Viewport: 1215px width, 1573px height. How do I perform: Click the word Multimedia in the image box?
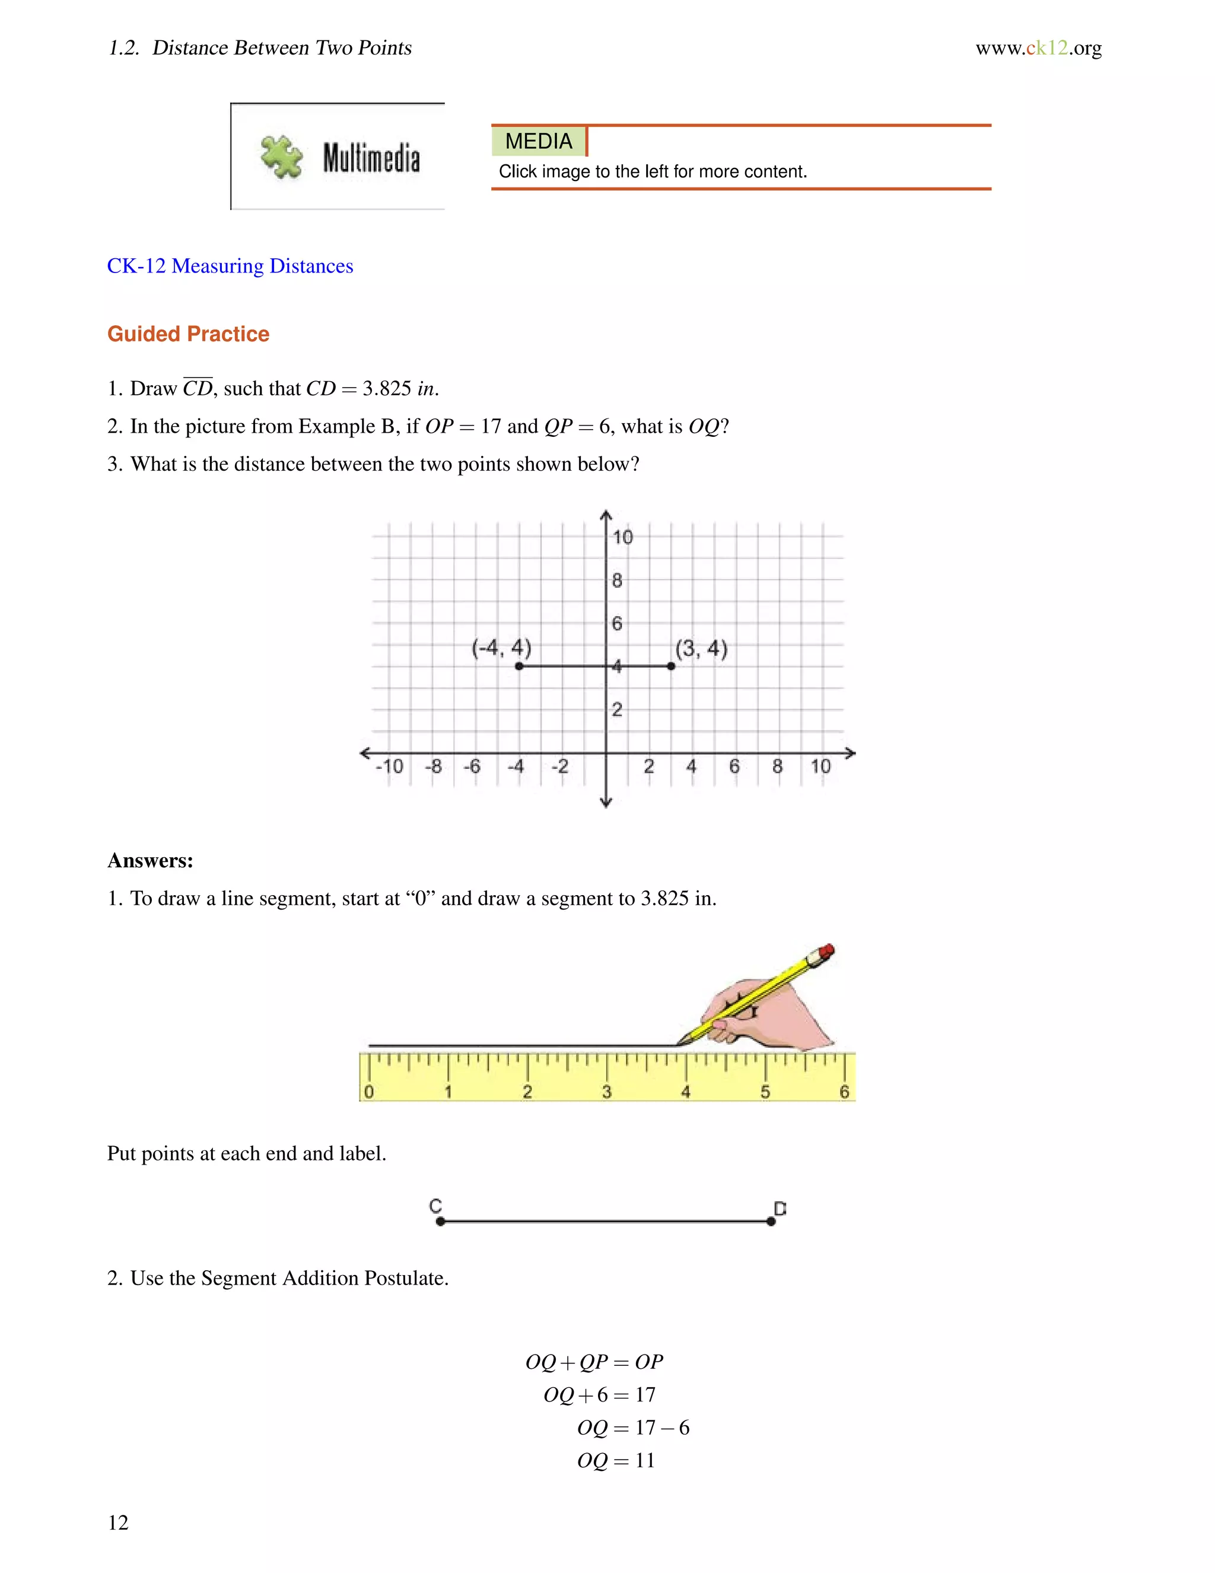pos(371,158)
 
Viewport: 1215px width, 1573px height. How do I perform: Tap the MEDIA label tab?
pos(539,141)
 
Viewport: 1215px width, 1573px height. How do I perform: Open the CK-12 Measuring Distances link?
pos(230,266)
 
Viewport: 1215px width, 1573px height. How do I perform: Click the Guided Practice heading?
pos(188,334)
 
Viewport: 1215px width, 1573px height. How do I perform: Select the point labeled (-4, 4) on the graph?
pos(519,666)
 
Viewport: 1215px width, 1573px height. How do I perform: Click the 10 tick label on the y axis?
pos(622,537)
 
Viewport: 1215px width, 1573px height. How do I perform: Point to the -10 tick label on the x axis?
pos(389,766)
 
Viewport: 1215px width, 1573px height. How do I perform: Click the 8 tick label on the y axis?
pos(617,581)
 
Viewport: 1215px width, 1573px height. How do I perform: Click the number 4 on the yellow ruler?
pos(685,1092)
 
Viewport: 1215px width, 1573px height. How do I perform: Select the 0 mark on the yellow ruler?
pos(368,1092)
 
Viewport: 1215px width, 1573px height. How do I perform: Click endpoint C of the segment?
pos(441,1222)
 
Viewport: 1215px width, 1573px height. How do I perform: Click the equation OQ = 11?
pos(616,1461)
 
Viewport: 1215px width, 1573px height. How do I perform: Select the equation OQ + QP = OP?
pos(594,1362)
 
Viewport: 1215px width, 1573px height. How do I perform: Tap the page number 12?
pos(118,1523)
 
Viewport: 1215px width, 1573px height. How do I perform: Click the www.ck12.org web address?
pos(1038,48)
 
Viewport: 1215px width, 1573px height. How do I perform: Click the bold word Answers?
pos(151,861)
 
